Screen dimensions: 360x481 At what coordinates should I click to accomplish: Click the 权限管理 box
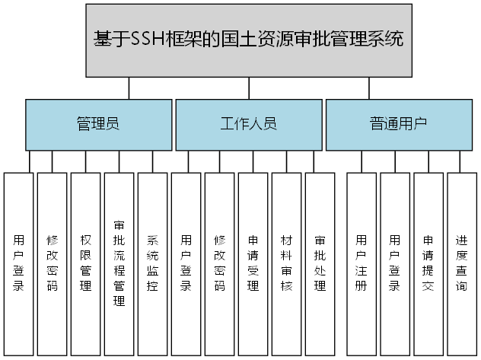click(x=85, y=263)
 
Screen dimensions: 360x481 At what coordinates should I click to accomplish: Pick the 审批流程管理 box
click(x=119, y=263)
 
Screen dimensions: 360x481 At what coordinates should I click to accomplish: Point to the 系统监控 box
click(x=152, y=263)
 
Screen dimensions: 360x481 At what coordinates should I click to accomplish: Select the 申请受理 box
click(x=253, y=263)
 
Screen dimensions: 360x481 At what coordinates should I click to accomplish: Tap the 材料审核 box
click(x=286, y=263)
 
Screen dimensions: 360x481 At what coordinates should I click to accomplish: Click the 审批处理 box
click(x=320, y=263)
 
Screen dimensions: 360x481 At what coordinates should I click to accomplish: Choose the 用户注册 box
click(x=362, y=263)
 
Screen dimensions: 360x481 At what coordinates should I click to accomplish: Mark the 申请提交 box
click(x=428, y=263)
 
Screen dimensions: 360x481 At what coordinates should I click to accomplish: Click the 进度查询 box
click(x=462, y=263)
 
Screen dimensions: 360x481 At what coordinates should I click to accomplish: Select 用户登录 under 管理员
click(x=18, y=263)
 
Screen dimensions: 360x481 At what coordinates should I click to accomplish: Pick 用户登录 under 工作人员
click(x=186, y=263)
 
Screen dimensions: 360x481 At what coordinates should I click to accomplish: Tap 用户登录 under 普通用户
click(x=395, y=263)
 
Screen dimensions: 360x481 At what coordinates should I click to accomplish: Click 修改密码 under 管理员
click(x=52, y=263)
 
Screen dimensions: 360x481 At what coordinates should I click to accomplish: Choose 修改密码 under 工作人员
click(x=219, y=263)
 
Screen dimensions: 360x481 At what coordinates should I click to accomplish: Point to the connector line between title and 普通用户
click(x=369, y=89)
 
